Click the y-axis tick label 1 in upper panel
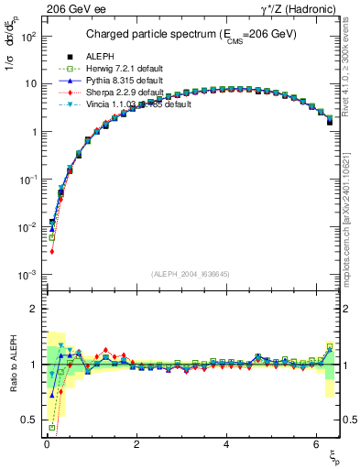(x=33, y=132)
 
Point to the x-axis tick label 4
(x=226, y=446)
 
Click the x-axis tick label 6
(x=316, y=446)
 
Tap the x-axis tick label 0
(x=46, y=446)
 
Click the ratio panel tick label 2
(x=33, y=309)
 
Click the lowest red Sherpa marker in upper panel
(x=52, y=251)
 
